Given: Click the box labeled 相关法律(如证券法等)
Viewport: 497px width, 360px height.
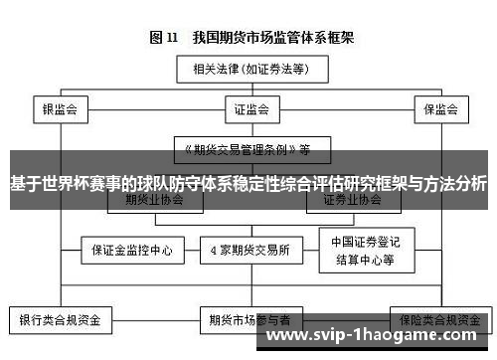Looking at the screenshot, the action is [x=248, y=70].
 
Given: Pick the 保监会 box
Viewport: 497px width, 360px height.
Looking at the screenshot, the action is [x=437, y=109].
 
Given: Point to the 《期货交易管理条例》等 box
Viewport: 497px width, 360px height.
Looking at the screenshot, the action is [x=248, y=150].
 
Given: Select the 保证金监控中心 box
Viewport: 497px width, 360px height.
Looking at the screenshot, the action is [x=125, y=249].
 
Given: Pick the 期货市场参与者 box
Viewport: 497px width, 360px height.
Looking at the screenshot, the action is [x=248, y=321].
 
